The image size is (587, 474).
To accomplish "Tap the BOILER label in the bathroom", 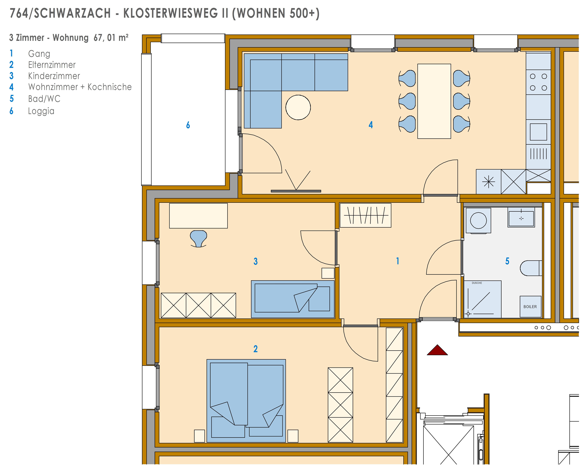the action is click(530, 307).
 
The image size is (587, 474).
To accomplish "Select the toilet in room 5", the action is click(531, 268).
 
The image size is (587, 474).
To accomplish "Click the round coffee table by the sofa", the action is click(298, 107).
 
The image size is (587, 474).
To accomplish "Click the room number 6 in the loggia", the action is click(188, 125).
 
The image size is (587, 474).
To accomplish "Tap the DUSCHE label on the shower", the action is click(477, 283).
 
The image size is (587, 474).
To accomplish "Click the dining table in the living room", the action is click(434, 101).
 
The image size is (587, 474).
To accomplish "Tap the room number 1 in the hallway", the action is click(398, 261).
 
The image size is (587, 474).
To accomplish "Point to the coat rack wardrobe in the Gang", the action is click(365, 215).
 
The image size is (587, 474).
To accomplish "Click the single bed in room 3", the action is click(293, 299).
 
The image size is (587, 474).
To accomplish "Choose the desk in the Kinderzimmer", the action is click(198, 216).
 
